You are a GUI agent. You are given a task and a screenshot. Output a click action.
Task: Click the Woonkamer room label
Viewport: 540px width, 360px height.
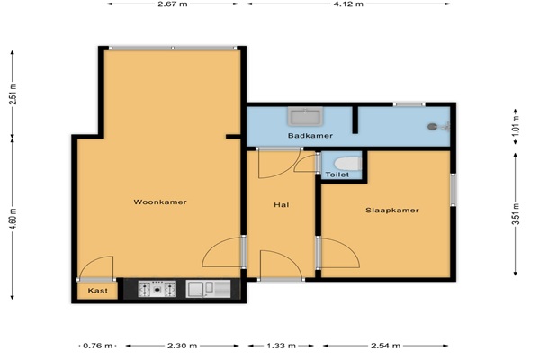[x=160, y=202]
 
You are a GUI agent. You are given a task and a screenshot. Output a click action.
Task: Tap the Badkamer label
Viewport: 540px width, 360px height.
[x=310, y=135]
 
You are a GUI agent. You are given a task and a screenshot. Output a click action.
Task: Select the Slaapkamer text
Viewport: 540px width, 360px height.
[x=392, y=210]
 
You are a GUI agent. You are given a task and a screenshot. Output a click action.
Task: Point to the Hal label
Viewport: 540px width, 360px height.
[x=282, y=205]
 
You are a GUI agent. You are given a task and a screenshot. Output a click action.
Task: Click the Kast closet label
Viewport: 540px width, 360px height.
[x=98, y=291]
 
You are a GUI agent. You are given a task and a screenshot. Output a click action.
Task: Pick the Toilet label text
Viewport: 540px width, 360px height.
[x=337, y=175]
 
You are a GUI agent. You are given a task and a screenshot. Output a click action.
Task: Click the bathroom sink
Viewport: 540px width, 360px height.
[x=305, y=116]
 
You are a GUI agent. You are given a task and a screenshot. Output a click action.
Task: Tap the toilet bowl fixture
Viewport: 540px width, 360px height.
[x=347, y=164]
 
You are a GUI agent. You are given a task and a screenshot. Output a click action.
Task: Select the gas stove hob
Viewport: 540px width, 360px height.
[x=157, y=289]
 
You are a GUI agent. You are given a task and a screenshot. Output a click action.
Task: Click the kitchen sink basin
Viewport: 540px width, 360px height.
[x=195, y=289]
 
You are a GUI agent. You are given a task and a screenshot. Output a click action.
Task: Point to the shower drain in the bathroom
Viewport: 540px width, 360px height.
[x=433, y=127]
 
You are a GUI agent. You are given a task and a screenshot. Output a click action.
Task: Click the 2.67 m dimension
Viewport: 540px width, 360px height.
[x=173, y=4]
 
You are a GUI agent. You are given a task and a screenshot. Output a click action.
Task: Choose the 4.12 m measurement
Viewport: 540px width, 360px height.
[x=348, y=4]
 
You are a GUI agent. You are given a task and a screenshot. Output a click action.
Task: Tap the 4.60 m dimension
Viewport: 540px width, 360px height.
[x=13, y=219]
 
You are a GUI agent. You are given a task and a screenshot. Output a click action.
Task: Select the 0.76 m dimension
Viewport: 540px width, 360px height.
[x=98, y=346]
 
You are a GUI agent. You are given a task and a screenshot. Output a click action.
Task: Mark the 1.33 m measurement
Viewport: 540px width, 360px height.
[x=281, y=346]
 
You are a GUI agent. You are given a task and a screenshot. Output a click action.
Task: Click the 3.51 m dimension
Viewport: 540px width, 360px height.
[x=516, y=214]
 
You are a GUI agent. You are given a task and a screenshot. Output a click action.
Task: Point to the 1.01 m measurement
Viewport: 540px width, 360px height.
[x=516, y=125]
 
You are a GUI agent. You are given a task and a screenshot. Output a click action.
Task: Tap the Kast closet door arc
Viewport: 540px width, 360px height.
[x=90, y=261]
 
